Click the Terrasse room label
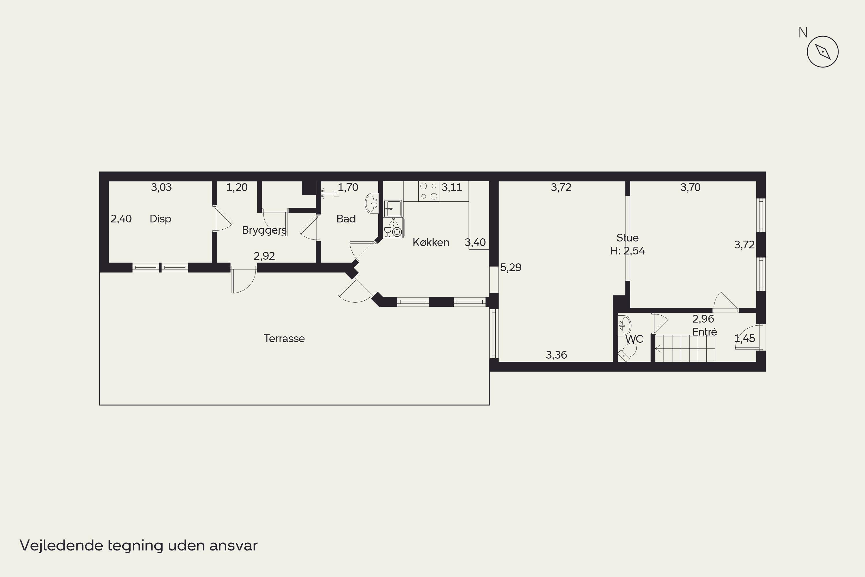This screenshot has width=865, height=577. coord(284,338)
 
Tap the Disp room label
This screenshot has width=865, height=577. coord(160,219)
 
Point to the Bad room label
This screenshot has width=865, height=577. coord(346,219)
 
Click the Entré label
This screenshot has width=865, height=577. coord(705,331)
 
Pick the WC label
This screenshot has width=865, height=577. coord(634,339)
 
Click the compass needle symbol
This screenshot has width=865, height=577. coord(823,52)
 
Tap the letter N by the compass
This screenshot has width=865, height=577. coord(803,33)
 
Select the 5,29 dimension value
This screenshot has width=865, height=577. coord(510,267)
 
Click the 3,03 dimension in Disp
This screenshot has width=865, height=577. coord(161,187)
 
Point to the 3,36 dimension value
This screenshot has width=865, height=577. coord(556,355)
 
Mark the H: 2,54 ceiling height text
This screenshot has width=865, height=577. coord(627,251)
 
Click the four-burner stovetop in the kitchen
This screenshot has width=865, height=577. coord(429,191)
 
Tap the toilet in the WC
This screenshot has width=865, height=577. coord(628,352)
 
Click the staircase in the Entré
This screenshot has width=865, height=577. coord(685,348)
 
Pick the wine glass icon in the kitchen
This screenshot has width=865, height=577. coord(387,232)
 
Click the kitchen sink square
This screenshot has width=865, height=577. coord(393,209)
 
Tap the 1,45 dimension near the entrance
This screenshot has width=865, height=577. coord(744,338)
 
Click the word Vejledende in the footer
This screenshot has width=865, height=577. coord(61,545)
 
